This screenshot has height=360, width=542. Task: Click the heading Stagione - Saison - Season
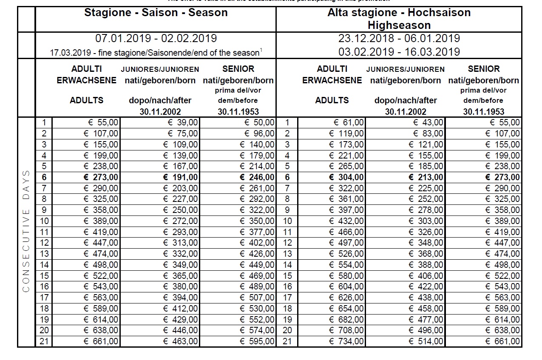coord(156,13)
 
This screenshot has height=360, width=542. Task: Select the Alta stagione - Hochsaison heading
coord(399,13)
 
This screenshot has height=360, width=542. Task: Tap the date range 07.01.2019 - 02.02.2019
coord(156,39)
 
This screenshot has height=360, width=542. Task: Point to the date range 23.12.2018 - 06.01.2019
coord(399,39)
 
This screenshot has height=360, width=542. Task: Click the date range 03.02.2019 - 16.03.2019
coord(399,52)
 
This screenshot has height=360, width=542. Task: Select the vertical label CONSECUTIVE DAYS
coord(26,232)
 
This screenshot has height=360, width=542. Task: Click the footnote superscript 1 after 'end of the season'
coord(261,51)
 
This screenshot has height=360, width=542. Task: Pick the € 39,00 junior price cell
coord(181,123)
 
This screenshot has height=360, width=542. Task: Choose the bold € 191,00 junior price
coord(180,177)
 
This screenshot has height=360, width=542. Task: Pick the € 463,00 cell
coord(180,341)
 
